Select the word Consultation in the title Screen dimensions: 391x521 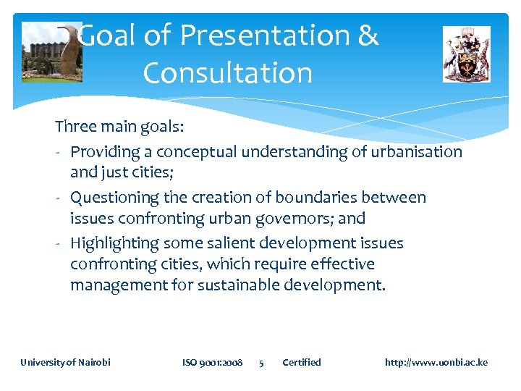(x=227, y=73)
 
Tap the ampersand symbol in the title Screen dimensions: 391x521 (x=368, y=35)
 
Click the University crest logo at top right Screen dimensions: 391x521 (x=466, y=54)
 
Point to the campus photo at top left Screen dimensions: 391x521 (x=51, y=52)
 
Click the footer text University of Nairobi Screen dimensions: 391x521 (x=65, y=362)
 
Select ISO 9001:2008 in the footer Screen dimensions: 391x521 (x=212, y=362)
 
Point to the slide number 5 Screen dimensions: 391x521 (x=261, y=362)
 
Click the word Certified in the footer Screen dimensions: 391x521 (x=301, y=362)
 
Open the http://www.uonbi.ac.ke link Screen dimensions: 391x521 (x=436, y=362)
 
